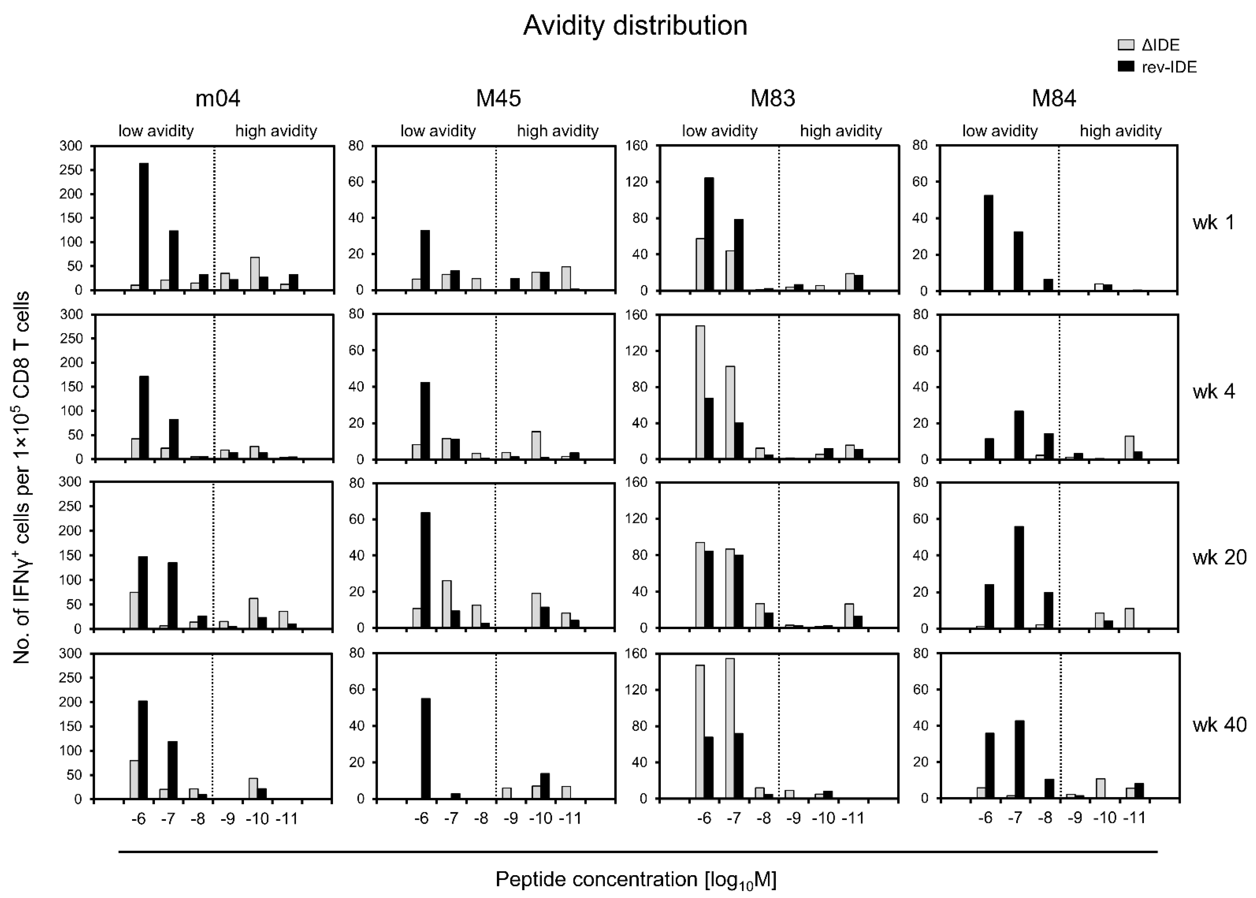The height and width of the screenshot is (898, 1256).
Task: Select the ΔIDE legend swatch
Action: tap(1126, 45)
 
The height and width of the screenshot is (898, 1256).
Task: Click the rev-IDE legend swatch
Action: tap(1126, 67)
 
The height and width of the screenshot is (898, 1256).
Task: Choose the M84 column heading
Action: tap(1054, 98)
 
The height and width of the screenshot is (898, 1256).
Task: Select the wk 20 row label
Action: tap(1219, 557)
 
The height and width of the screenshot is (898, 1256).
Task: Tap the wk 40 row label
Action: tap(1219, 724)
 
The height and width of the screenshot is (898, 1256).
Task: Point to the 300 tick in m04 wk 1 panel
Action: tap(71, 146)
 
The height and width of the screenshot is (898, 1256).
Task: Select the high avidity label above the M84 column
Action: tap(1120, 131)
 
